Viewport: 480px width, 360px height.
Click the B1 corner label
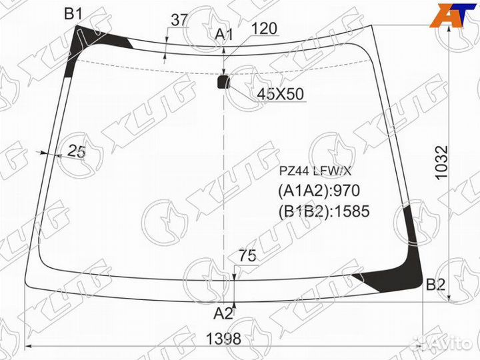(x=73, y=13)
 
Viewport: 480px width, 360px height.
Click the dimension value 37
(x=179, y=20)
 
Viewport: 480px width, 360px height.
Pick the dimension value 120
(x=265, y=28)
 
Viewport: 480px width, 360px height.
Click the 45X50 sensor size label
(x=280, y=95)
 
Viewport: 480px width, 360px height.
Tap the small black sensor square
(x=223, y=82)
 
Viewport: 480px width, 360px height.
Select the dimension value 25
(x=77, y=152)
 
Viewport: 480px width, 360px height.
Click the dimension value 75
(x=247, y=255)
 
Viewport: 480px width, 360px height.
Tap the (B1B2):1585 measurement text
(x=323, y=211)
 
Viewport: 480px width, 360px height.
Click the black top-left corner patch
(x=90, y=41)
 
